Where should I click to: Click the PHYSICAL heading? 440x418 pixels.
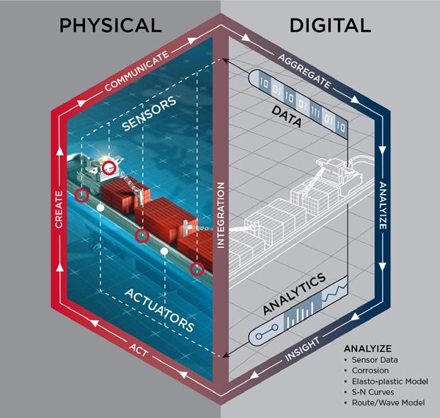point(111,26)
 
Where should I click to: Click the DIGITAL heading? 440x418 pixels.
point(330,26)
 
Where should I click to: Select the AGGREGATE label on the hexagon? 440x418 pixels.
point(304,71)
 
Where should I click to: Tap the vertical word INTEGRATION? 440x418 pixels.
point(220,215)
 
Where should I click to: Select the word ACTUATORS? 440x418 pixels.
point(159,309)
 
